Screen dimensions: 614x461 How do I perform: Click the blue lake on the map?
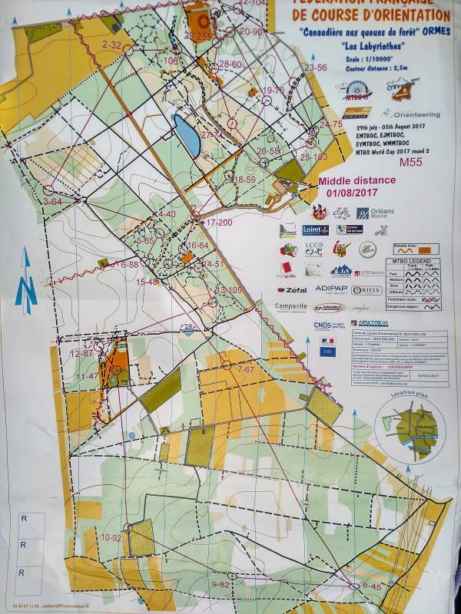click(187, 134)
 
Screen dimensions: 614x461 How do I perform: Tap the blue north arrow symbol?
click(26, 282)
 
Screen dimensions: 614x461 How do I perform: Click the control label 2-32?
click(111, 45)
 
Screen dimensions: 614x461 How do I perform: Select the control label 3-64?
click(52, 201)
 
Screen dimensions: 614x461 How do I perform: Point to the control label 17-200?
click(219, 223)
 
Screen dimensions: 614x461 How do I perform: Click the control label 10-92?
click(111, 538)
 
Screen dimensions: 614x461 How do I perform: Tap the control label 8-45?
click(371, 586)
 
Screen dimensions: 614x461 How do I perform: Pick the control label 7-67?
click(245, 370)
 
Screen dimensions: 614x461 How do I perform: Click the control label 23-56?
click(315, 68)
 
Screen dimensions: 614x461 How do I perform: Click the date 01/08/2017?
click(352, 193)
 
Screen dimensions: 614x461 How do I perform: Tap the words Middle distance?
click(352, 181)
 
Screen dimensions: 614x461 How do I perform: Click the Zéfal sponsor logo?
click(292, 290)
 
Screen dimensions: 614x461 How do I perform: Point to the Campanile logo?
click(290, 306)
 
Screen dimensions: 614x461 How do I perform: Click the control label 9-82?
click(221, 585)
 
